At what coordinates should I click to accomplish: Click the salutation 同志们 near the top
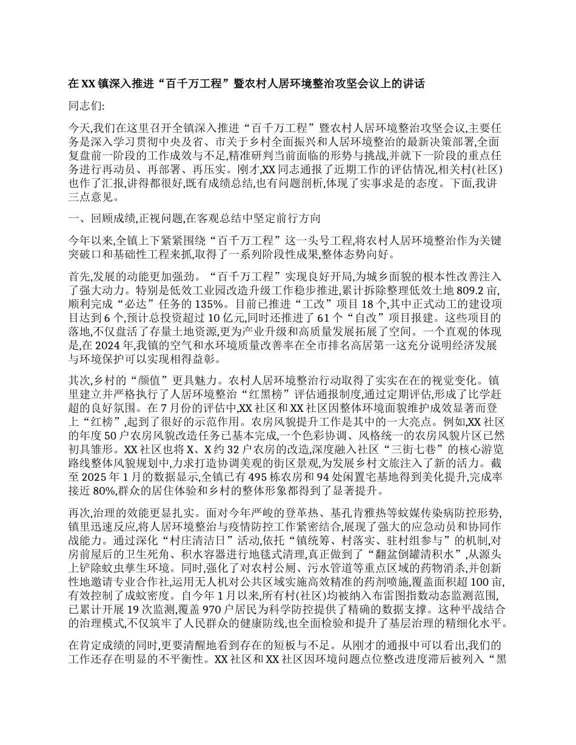pyautogui.click(x=87, y=106)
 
